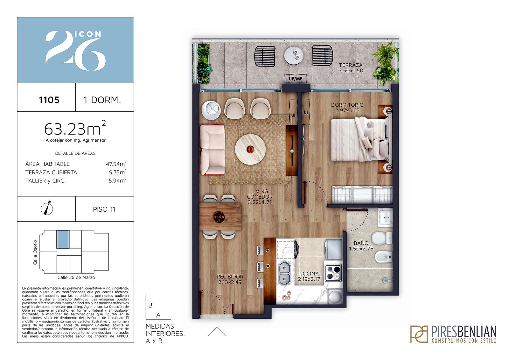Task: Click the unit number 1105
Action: tap(49, 100)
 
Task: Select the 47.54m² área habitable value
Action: tap(116, 164)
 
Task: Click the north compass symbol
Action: tap(47, 208)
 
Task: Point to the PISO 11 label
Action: tap(104, 209)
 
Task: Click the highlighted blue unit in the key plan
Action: tap(63, 239)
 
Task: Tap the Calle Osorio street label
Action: tap(35, 252)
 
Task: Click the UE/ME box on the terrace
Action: tap(296, 79)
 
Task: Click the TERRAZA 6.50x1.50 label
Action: tap(351, 68)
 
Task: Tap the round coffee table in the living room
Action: tap(250, 149)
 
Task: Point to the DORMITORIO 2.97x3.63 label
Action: tap(347, 108)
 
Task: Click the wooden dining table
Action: tap(220, 216)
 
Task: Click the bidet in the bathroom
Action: tap(384, 257)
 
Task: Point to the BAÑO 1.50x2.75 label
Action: tap(361, 246)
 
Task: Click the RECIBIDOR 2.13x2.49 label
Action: tap(230, 279)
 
